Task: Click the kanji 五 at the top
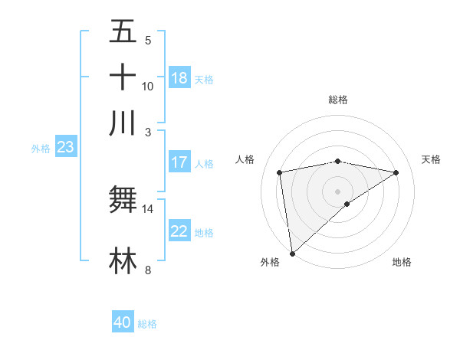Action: [x=123, y=31]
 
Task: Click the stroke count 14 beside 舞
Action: [x=148, y=208]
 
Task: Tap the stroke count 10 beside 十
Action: [x=148, y=86]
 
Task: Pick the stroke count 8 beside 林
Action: [x=148, y=270]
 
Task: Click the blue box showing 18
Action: [x=179, y=78]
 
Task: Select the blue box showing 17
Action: [x=179, y=162]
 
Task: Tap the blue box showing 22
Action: [x=179, y=231]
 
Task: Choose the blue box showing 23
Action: [x=65, y=147]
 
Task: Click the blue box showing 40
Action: [x=123, y=322]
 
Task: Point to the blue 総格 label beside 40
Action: [x=147, y=323]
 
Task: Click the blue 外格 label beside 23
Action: [x=41, y=149]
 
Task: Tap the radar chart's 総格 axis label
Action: [x=338, y=100]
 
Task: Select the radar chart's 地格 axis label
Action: [x=402, y=263]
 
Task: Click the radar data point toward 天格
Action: [x=396, y=172]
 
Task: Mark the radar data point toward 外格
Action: [x=292, y=253]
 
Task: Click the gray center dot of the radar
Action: [x=338, y=191]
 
